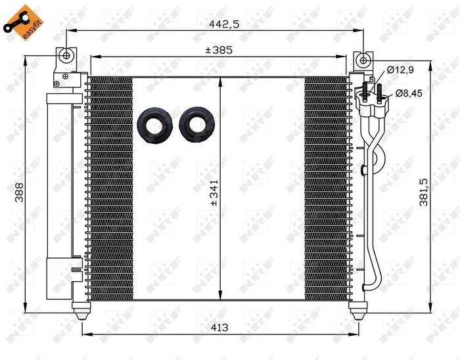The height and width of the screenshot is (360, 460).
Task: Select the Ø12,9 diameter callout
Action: click(398, 69)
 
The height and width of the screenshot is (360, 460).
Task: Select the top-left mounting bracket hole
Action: click(67, 56)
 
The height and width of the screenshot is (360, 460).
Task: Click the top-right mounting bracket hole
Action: click(362, 60)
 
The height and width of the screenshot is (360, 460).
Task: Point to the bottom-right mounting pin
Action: click(358, 312)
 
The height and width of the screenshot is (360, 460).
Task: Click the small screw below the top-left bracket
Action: click(57, 83)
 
